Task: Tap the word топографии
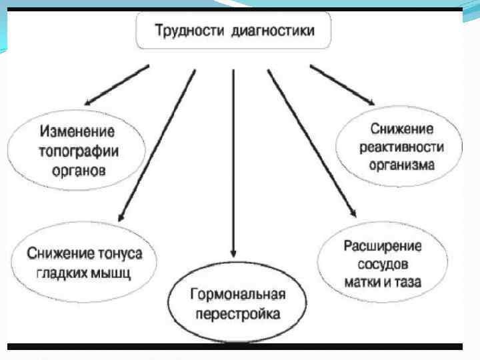tap(77, 150)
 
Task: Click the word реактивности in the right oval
tap(401, 145)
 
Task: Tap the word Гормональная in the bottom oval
tap(237, 295)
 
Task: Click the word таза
tap(406, 282)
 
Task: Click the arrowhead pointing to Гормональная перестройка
tap(233, 254)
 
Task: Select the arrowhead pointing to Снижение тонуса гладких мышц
tap(121, 217)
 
